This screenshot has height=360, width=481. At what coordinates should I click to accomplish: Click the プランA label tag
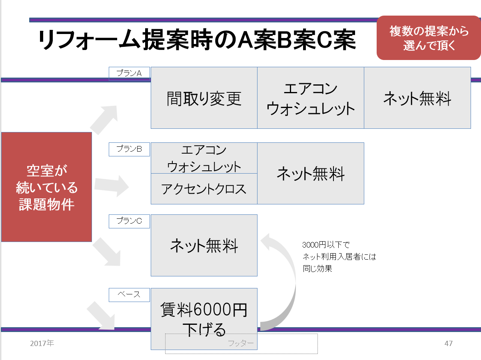click(x=129, y=74)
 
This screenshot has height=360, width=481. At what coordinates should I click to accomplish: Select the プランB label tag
click(x=129, y=149)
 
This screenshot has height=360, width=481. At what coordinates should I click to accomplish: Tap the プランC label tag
click(x=129, y=221)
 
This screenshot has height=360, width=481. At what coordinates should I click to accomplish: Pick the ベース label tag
click(x=129, y=295)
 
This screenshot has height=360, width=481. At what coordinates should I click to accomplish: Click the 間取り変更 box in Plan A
click(x=204, y=98)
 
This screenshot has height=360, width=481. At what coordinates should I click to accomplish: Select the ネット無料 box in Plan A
click(x=417, y=98)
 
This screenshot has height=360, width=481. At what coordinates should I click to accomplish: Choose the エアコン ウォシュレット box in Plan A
click(x=311, y=98)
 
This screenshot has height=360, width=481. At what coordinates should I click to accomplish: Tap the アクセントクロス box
click(x=204, y=189)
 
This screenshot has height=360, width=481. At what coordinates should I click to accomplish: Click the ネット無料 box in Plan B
click(x=311, y=174)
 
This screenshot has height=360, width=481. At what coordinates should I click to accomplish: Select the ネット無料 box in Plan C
click(x=204, y=245)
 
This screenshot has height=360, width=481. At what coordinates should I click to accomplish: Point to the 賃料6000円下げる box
click(x=204, y=319)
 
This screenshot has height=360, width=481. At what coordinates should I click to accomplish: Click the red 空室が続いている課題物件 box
click(x=47, y=187)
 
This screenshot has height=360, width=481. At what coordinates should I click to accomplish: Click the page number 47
click(x=448, y=344)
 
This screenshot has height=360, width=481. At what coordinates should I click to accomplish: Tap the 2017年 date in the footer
click(x=42, y=343)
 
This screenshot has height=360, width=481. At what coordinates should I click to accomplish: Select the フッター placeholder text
click(x=241, y=344)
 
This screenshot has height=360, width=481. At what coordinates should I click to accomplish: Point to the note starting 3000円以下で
click(x=339, y=256)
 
